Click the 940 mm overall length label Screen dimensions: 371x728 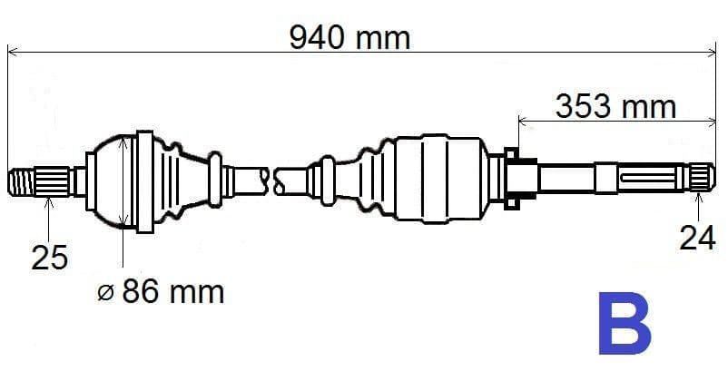349,37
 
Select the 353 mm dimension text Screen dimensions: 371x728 615,107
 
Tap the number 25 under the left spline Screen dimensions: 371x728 50,258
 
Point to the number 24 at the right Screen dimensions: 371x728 697,238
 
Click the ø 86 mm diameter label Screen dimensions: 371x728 160,292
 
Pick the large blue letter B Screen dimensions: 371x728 624,323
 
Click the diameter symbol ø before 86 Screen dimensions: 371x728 106,293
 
